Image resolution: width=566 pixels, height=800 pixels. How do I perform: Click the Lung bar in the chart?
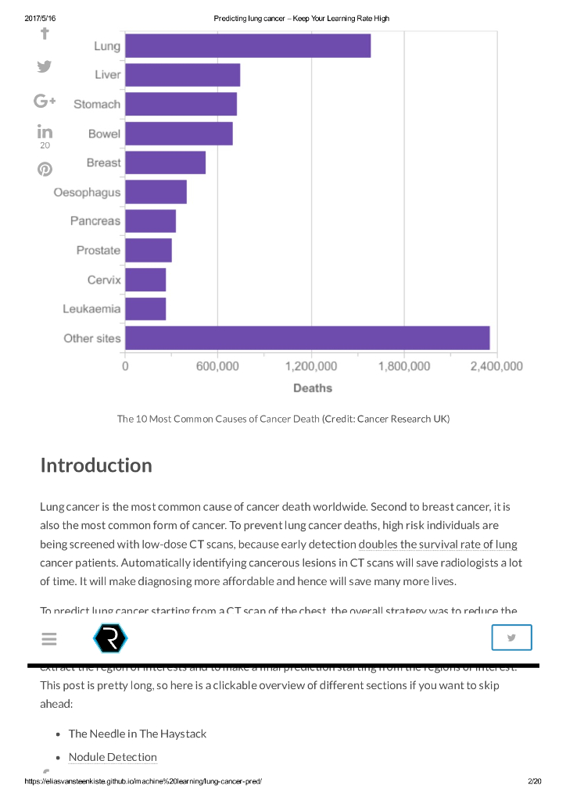[x=247, y=46]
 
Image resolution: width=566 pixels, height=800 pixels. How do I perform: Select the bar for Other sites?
[x=306, y=338]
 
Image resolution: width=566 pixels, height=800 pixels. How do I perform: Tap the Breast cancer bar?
[x=165, y=162]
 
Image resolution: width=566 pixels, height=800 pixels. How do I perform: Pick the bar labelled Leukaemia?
[x=145, y=309]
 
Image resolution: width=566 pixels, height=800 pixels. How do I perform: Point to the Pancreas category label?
[x=95, y=221]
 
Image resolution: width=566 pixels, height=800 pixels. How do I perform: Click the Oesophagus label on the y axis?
[x=87, y=192]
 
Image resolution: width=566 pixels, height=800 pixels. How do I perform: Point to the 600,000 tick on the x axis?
[x=217, y=366]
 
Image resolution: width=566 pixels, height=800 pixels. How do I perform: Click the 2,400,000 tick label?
[x=497, y=366]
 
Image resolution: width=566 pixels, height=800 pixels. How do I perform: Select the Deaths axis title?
[x=312, y=388]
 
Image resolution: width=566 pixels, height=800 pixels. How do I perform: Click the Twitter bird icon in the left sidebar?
[x=45, y=67]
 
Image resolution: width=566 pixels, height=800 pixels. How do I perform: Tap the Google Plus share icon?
[x=45, y=101]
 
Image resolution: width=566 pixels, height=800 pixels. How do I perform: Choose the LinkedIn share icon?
[x=45, y=132]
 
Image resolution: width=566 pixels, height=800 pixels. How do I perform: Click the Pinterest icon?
[x=45, y=169]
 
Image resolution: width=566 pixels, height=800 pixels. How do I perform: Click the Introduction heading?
[x=96, y=466]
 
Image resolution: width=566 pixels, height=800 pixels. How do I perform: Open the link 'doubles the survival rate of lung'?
[x=438, y=545]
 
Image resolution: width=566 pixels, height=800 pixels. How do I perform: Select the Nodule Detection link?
[x=113, y=757]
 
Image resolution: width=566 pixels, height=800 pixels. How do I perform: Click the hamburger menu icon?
[x=49, y=639]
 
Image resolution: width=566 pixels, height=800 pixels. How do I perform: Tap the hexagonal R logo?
[x=110, y=639]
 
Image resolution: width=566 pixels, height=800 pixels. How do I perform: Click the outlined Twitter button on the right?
[x=511, y=637]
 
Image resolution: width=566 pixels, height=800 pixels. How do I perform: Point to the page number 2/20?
[x=535, y=781]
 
